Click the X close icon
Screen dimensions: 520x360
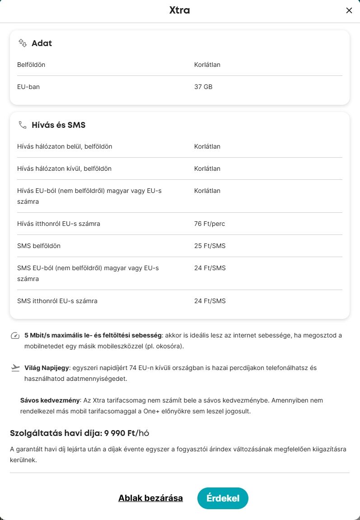coord(349,11)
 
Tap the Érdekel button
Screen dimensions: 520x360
coord(223,498)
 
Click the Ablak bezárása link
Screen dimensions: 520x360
coord(150,498)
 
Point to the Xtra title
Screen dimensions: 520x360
coord(179,10)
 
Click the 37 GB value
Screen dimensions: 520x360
coord(203,87)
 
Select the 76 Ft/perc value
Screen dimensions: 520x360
coord(210,224)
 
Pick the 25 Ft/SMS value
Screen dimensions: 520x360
coord(210,246)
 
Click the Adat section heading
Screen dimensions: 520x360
coord(42,43)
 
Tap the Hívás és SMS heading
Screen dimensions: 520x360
coord(58,125)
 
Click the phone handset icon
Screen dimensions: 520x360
coord(22,125)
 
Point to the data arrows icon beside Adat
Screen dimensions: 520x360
coord(22,43)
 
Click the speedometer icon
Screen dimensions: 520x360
coord(15,336)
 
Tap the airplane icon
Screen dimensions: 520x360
coord(15,368)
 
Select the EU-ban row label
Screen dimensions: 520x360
coord(28,87)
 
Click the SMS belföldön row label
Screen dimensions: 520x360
coord(39,246)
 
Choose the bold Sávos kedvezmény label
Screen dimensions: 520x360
coord(50,400)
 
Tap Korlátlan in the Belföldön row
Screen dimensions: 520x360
coord(207,65)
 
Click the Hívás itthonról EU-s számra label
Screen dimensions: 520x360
coord(59,224)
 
